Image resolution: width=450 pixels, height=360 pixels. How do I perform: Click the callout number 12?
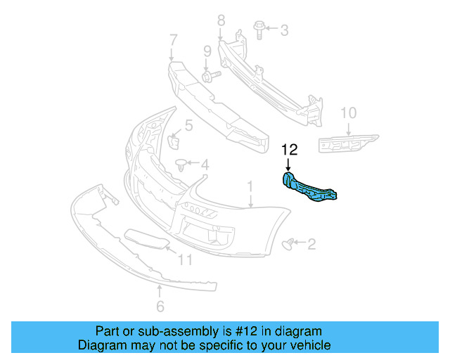[x=290, y=150]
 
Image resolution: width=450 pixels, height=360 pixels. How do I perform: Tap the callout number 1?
[x=249, y=187]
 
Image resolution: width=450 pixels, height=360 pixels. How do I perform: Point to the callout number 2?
[x=311, y=244]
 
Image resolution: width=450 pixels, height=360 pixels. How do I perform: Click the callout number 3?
[x=284, y=30]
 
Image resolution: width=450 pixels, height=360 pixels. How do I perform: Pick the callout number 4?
[x=205, y=166]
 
